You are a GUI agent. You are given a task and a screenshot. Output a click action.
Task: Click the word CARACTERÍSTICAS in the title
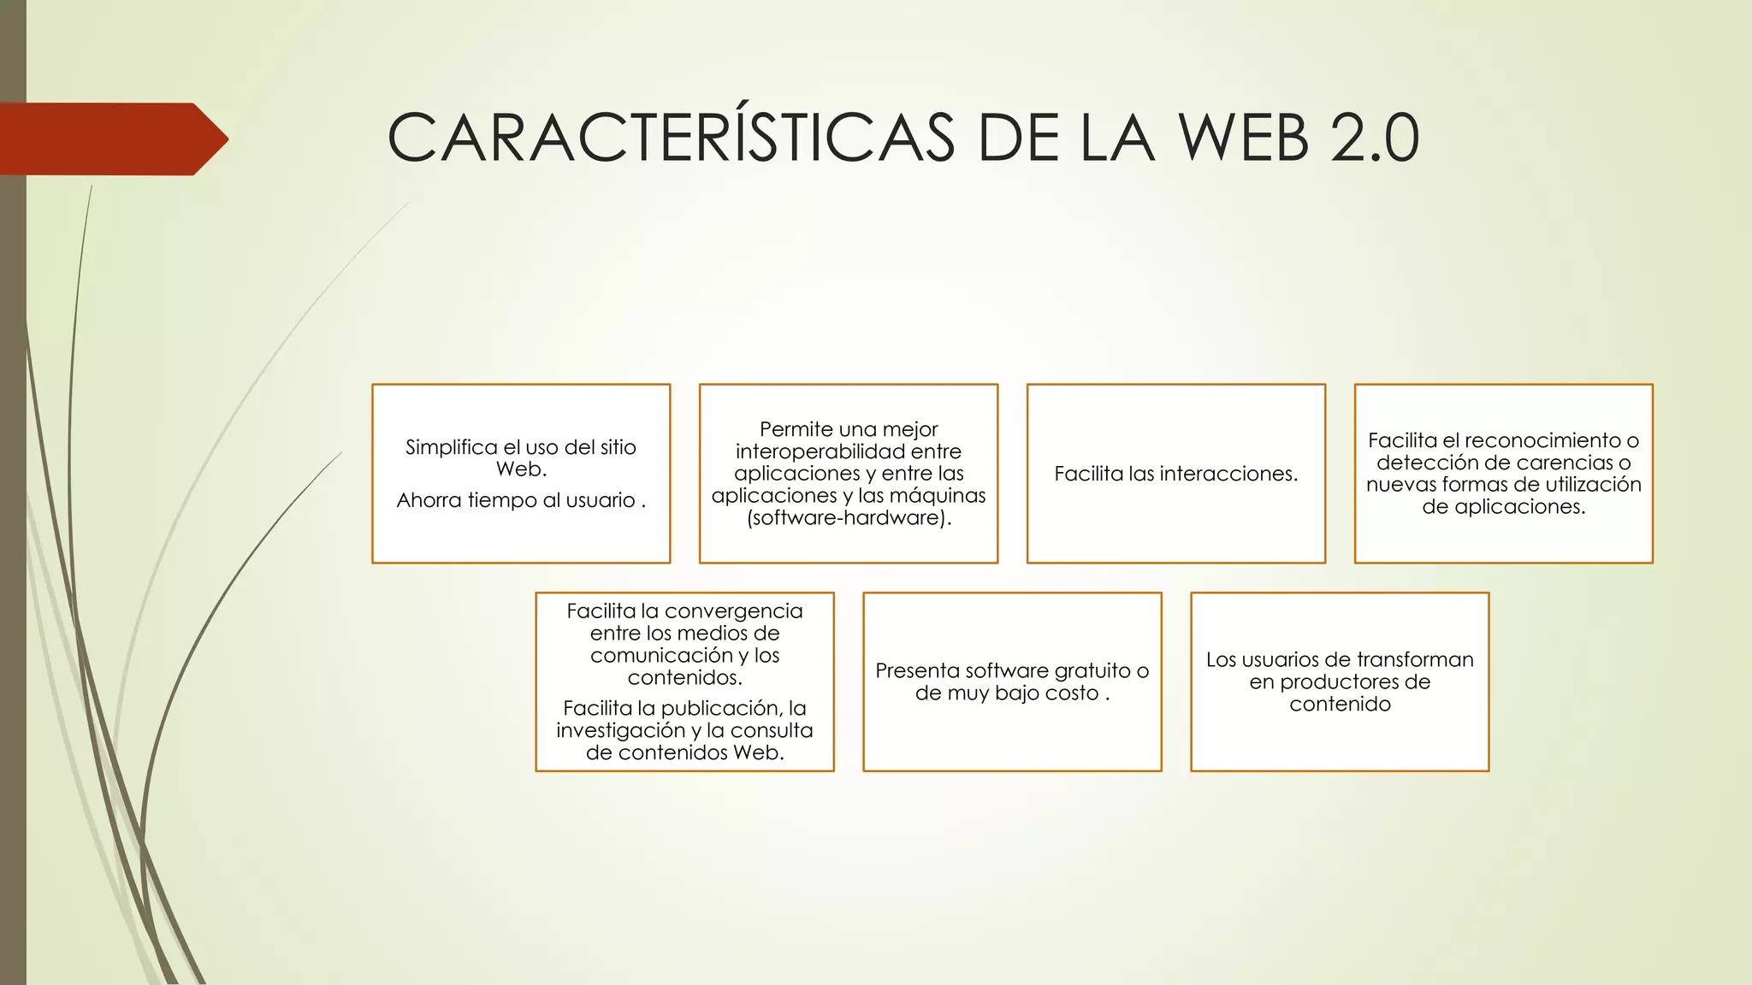tap(671, 138)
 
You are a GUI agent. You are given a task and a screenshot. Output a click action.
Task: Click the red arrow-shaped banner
tap(111, 139)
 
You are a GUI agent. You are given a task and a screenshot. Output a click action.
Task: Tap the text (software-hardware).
tap(848, 518)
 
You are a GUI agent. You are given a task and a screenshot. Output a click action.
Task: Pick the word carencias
tap(1542, 463)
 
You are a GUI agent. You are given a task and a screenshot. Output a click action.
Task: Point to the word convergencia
tap(733, 611)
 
